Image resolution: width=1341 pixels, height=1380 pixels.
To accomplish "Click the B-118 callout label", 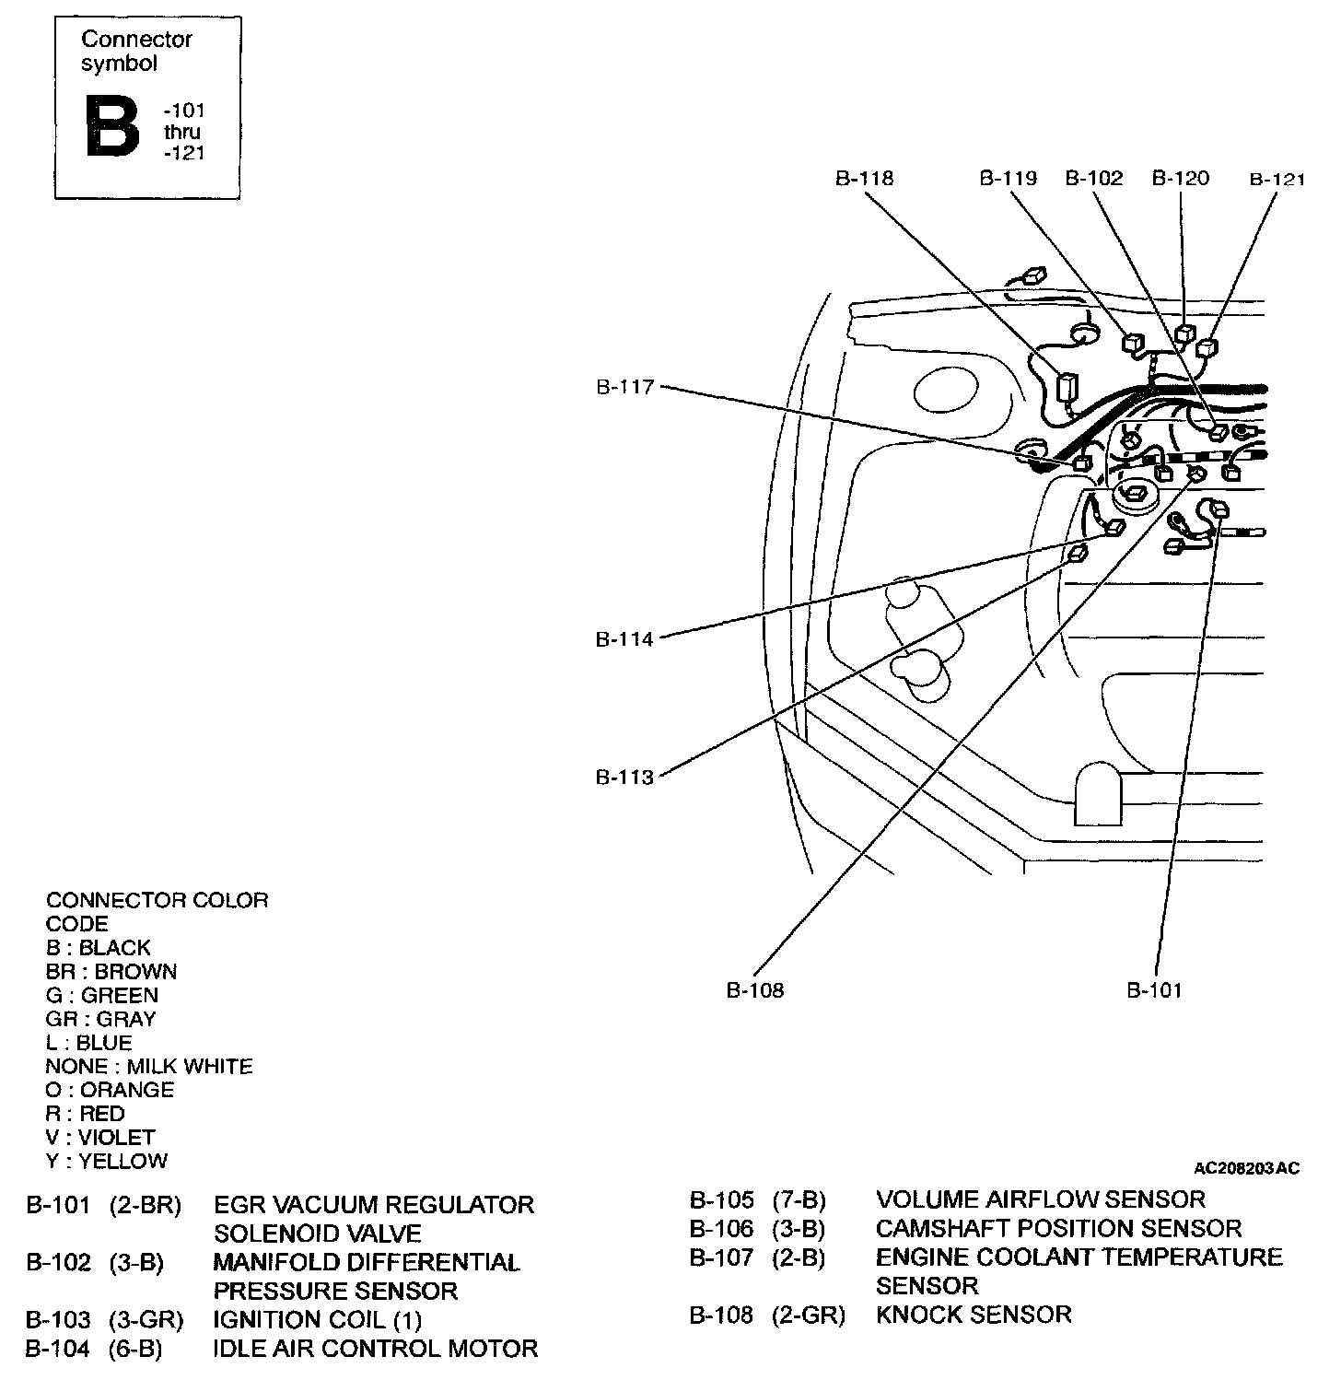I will tap(864, 178).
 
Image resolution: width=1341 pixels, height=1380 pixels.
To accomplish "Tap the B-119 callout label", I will tap(1008, 178).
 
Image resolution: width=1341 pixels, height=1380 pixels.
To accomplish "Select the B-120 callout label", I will tap(1181, 178).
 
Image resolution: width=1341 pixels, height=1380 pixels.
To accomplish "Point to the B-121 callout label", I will tap(1277, 180).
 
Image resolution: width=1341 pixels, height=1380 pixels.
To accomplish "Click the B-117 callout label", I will tap(624, 388).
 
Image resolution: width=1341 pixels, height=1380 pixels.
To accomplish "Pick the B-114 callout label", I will tap(624, 639).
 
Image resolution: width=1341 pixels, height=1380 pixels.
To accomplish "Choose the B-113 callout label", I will tap(624, 778).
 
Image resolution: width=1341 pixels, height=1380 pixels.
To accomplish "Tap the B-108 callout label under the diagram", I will tap(755, 990).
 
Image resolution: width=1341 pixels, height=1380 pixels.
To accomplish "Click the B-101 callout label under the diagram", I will tap(1154, 990).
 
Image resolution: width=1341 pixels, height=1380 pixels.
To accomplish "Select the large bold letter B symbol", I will tap(112, 126).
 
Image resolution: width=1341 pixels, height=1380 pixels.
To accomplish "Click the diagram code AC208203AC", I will tap(1246, 1169).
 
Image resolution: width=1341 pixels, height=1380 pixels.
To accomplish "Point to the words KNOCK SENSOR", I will tap(974, 1315).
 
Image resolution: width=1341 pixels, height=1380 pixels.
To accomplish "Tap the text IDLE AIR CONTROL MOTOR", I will tap(375, 1350).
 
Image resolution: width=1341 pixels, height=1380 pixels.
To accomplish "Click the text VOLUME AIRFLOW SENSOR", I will tap(1040, 1199).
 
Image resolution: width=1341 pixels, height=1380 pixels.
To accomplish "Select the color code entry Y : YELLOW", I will tap(107, 1162).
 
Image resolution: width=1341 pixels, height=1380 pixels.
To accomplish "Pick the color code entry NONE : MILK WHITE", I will tap(149, 1067).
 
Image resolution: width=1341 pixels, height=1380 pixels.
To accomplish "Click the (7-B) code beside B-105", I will tap(799, 1200).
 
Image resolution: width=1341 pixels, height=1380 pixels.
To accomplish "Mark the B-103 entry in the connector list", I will tap(58, 1321).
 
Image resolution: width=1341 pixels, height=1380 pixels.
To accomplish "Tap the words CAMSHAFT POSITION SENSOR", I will tap(1058, 1229).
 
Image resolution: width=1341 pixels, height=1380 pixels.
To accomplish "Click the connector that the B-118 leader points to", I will tap(1067, 387).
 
